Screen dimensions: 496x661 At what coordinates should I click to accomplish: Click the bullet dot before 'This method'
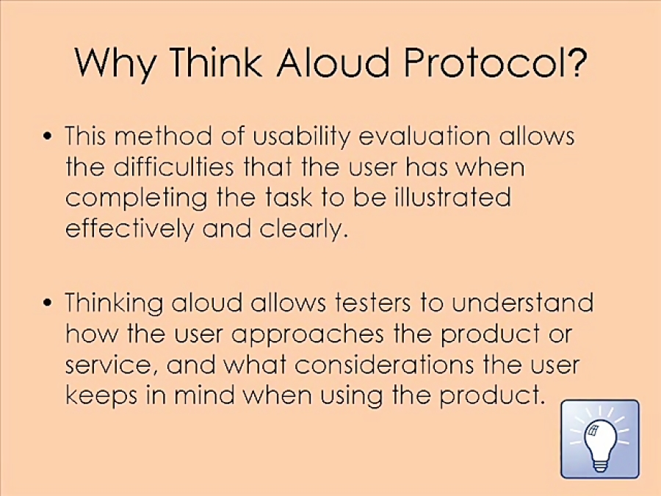coord(49,137)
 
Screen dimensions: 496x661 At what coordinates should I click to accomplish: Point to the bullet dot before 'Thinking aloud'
coord(49,303)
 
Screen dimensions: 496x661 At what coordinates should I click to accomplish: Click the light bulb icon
coord(600,439)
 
